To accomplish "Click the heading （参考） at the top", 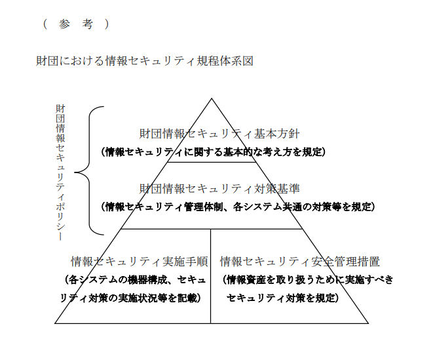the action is point(76,24).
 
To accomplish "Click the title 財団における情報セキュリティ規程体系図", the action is point(145,61).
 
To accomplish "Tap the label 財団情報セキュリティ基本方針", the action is point(219,134).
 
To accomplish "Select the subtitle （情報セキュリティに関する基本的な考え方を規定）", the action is point(213,151).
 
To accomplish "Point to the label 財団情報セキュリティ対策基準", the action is point(219,189).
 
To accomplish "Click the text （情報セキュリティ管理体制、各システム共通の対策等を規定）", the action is point(238,207).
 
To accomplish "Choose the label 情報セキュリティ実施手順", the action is point(140,262).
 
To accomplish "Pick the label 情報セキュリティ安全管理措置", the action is point(300,262).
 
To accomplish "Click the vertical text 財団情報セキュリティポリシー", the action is point(60,172).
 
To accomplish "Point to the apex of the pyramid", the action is point(212,98).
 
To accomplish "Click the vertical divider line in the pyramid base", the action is point(211,276).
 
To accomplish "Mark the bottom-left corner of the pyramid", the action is point(55,323).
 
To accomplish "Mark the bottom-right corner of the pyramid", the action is point(368,323).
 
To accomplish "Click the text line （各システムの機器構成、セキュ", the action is point(136,280).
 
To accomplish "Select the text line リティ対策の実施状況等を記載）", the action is point(130,298).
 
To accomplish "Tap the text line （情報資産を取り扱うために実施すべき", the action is point(307,280).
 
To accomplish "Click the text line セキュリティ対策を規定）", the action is point(282,298).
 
